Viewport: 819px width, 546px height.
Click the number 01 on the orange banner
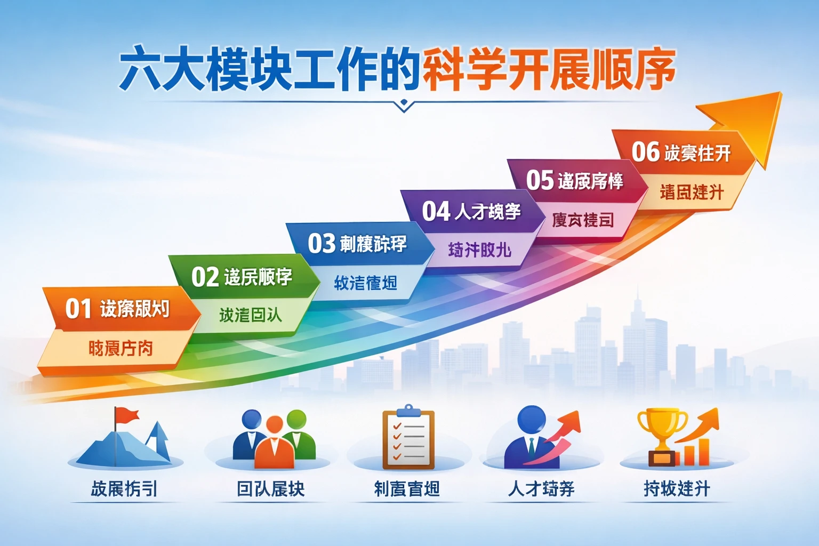pyautogui.click(x=78, y=309)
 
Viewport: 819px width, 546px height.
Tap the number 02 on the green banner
pyautogui.click(x=205, y=277)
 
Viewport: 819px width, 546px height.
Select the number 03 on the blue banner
pyautogui.click(x=321, y=244)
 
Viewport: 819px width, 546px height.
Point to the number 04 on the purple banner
pyautogui.click(x=436, y=211)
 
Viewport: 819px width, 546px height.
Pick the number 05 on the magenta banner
pyautogui.click(x=540, y=180)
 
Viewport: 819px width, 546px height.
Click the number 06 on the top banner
pyautogui.click(x=645, y=152)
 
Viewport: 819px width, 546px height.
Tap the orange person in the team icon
pyautogui.click(x=274, y=443)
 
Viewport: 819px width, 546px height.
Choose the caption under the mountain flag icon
pyautogui.click(x=124, y=488)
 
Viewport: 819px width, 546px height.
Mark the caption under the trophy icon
pyautogui.click(x=677, y=488)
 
